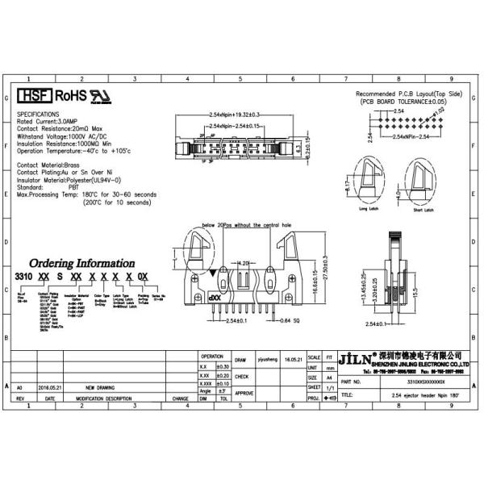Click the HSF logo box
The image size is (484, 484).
(x=34, y=96)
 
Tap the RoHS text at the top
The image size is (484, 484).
(x=70, y=96)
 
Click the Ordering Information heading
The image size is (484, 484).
(x=81, y=264)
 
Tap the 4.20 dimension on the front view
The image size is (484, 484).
(x=242, y=262)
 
